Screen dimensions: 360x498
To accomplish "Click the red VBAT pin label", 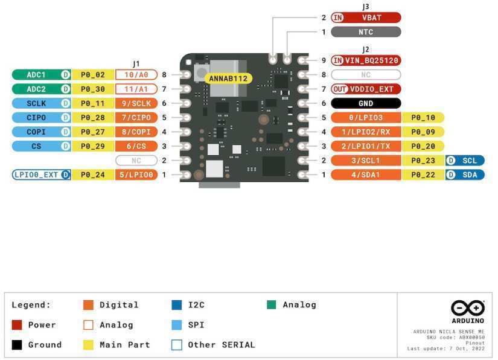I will pyautogui.click(x=365, y=18).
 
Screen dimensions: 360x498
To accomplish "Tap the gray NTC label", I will pyautogui.click(x=365, y=32).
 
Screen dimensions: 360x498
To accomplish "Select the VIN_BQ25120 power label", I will pyautogui.click(x=365, y=60).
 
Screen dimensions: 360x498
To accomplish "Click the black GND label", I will pyautogui.click(x=365, y=103).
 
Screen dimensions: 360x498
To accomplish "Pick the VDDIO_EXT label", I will pyautogui.click(x=365, y=89).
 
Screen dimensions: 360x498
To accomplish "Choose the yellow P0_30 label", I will pyautogui.click(x=92, y=89).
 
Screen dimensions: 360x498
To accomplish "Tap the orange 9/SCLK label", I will pyautogui.click(x=136, y=103).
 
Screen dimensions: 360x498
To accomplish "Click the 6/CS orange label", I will pyautogui.click(x=136, y=146).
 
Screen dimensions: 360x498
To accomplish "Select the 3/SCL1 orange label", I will pyautogui.click(x=365, y=160).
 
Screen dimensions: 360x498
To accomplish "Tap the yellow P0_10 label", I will pyautogui.click(x=423, y=117).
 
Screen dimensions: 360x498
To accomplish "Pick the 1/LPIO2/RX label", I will pyautogui.click(x=365, y=132).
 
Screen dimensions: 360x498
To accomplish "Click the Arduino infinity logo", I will pyautogui.click(x=467, y=307).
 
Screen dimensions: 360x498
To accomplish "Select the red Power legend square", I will pyautogui.click(x=17, y=325).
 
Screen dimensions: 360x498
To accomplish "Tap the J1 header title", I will pyautogui.click(x=136, y=63).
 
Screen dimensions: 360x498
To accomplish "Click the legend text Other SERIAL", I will pyautogui.click(x=221, y=345).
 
